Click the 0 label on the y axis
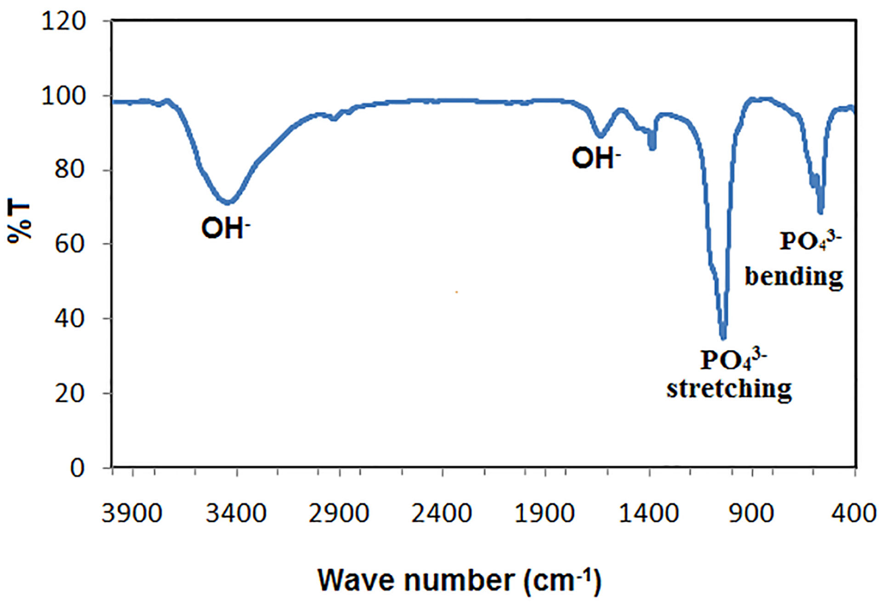point(77,468)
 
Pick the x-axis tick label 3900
point(131,513)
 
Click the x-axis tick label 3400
point(236,513)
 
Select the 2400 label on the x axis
point(441,513)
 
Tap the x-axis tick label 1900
point(544,513)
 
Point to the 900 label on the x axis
point(751,513)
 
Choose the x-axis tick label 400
point(854,513)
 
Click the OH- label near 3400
point(226,228)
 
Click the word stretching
point(729,389)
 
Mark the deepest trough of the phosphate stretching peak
point(723,337)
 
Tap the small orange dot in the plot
point(456,292)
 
